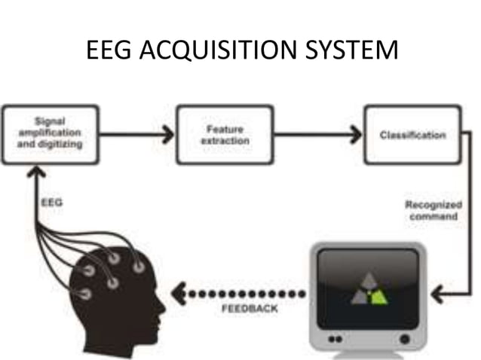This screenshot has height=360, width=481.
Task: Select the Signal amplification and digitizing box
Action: [x=51, y=134]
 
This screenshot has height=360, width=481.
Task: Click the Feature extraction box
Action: [x=225, y=135]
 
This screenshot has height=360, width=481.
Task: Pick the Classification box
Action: [x=412, y=135]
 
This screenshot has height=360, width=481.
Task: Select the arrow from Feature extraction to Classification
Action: [x=317, y=135]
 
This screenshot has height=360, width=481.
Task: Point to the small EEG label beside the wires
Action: [x=47, y=203]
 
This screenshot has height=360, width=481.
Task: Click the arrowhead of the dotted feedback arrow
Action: [x=178, y=291]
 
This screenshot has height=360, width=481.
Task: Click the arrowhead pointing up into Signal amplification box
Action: [x=32, y=172]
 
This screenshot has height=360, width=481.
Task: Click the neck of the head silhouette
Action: [x=113, y=343]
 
